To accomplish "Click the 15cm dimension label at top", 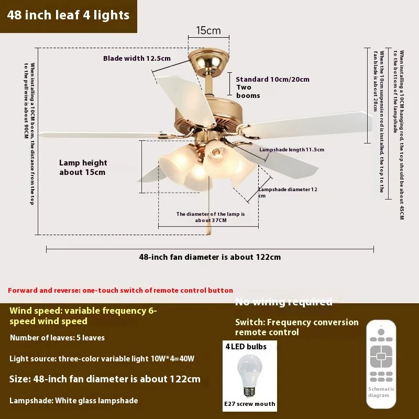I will coord(208,31).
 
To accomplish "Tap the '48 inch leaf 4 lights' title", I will coord(69,15).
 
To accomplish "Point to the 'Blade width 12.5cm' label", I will coord(137,59).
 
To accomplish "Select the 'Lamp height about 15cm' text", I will coord(83,168).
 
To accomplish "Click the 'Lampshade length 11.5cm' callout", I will coord(292,150).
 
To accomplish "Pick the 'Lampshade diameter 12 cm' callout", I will coord(287,192).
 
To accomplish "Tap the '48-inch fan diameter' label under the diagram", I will coord(210,257).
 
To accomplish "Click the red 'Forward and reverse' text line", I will coord(120,290).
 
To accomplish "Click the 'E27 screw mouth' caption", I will coord(249,404).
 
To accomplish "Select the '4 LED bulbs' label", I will coord(246,347).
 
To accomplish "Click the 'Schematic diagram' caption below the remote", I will coord(382,392).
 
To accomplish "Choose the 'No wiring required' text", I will coord(283,302).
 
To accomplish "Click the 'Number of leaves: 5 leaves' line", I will coord(57,338).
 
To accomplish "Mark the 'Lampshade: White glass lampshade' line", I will coord(74,401).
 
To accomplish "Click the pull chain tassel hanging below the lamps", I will coord(208,228).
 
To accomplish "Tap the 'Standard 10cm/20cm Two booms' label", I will coord(272,87).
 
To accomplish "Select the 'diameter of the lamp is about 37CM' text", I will coord(210,217).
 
